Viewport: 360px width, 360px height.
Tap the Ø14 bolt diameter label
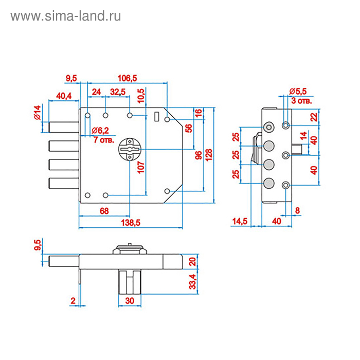pos(37,112)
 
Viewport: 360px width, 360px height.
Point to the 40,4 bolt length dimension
pos(64,96)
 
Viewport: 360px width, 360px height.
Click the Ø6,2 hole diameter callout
pos(100,130)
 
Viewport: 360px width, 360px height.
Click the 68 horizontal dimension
pos(104,211)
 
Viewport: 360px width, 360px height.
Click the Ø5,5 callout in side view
pos(298,91)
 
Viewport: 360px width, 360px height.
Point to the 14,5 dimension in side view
pos(240,221)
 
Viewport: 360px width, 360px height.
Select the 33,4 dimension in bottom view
pos(192,281)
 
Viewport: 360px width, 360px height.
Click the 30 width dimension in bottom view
pos(129,301)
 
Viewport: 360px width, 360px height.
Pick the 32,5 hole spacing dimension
pos(118,92)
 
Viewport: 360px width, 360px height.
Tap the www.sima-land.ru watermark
pos(66,16)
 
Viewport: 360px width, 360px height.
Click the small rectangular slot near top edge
pos(156,117)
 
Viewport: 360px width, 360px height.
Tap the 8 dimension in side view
pos(298,210)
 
